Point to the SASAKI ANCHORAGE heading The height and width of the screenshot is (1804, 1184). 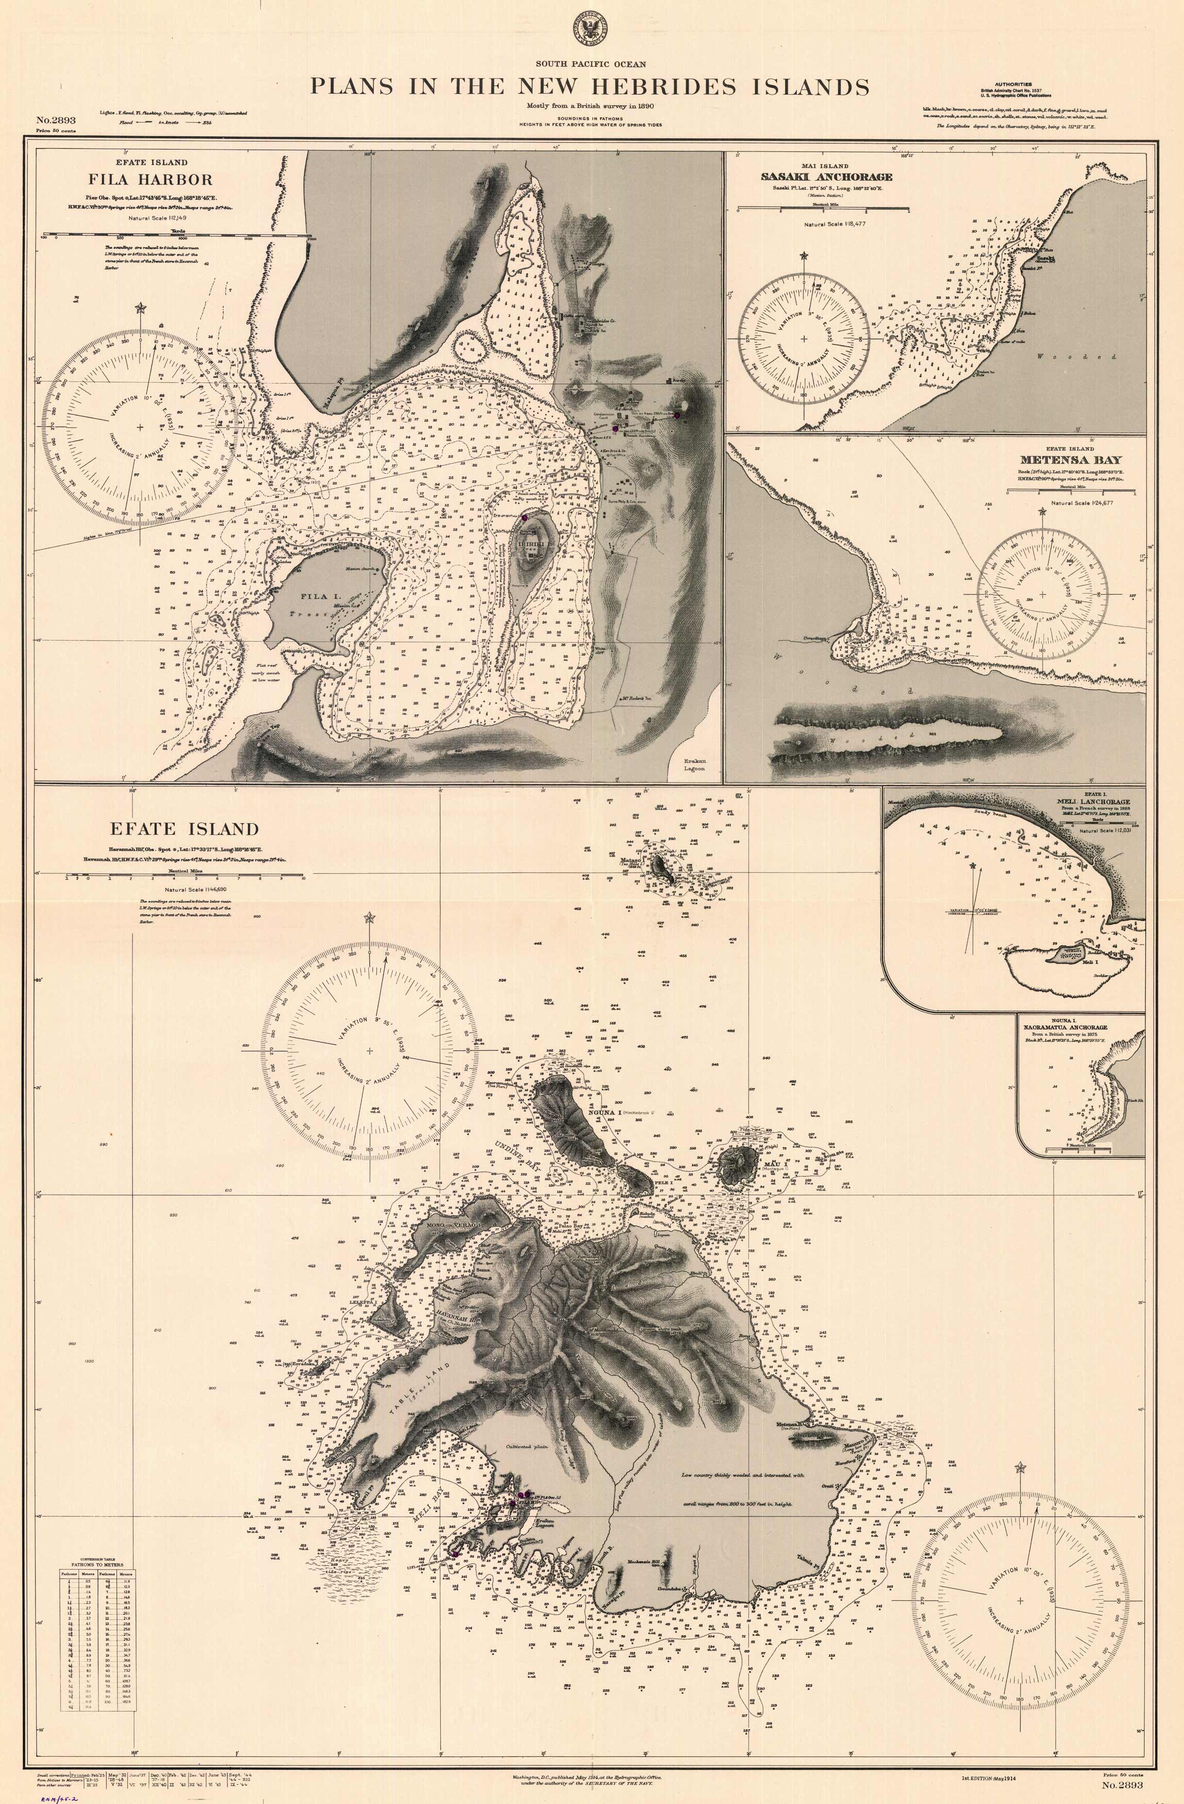pyautogui.click(x=826, y=177)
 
